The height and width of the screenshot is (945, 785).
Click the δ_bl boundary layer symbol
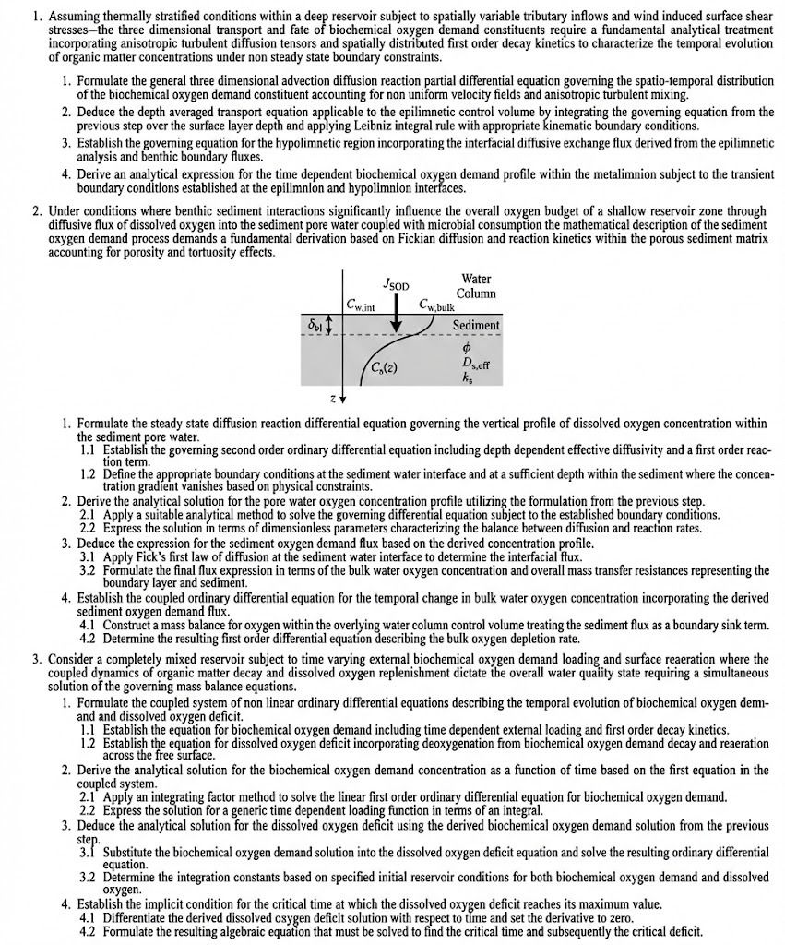(315, 326)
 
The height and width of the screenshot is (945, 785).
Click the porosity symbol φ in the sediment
(467, 348)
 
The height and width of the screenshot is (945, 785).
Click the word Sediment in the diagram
(476, 325)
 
